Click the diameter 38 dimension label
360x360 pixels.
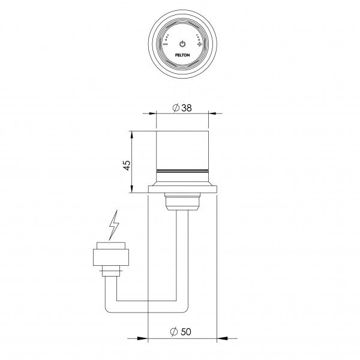tap(182, 107)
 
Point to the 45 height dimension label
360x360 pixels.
tap(127, 166)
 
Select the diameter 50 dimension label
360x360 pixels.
tap(182, 332)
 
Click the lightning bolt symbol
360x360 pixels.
tap(113, 227)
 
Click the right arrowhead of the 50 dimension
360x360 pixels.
tap(214, 337)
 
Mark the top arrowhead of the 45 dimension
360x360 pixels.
tap(133, 134)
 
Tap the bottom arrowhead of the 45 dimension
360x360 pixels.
tap(133, 190)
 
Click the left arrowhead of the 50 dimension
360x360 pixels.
tap(151, 337)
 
